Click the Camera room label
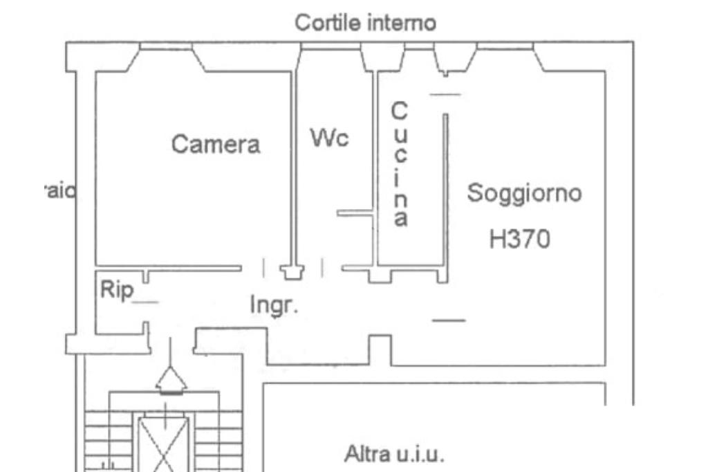[216, 145]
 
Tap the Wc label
[329, 138]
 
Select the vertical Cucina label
[400, 164]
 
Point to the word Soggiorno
[524, 193]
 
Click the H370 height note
[519, 239]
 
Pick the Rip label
[116, 290]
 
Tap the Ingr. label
[274, 305]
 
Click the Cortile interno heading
[365, 23]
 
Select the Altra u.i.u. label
[394, 455]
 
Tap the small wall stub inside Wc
[354, 213]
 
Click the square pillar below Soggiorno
[379, 349]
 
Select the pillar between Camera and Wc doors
[292, 271]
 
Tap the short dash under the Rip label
[145, 302]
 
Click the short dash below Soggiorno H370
[449, 320]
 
